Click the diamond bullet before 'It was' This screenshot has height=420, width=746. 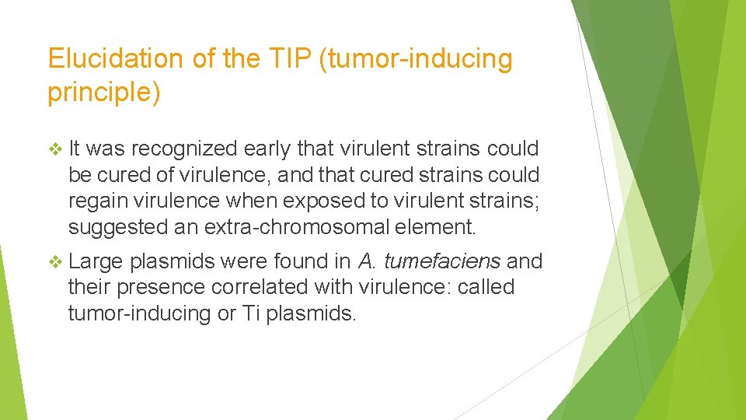[54, 149]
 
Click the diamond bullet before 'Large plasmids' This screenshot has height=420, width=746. [54, 261]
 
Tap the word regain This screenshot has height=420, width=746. [94, 201]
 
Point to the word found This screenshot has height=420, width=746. [305, 261]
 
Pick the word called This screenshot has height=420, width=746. [486, 287]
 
